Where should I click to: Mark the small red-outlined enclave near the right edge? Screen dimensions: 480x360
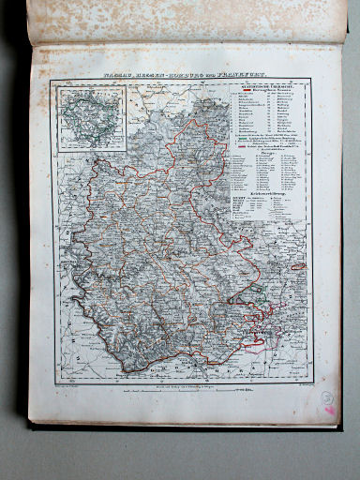click(x=299, y=266)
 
